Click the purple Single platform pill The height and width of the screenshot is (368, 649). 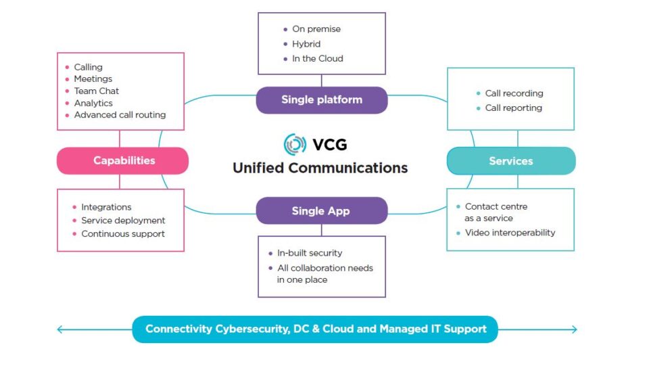(x=322, y=100)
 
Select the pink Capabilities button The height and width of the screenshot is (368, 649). (x=122, y=160)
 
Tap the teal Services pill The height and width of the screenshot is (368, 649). (x=511, y=160)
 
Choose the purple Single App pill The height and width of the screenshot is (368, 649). (x=322, y=210)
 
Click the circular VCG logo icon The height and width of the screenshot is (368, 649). (x=295, y=145)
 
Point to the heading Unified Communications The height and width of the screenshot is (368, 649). (x=320, y=168)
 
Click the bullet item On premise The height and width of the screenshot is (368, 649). (x=316, y=29)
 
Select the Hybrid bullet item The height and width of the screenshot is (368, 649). (x=306, y=44)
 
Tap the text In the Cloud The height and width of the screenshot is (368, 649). (x=318, y=58)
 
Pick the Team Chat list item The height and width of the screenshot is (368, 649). (x=97, y=91)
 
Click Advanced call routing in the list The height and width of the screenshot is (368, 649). (x=120, y=115)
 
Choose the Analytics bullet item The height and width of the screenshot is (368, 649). (x=93, y=103)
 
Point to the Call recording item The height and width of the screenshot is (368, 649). (x=514, y=93)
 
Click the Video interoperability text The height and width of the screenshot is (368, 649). (x=510, y=233)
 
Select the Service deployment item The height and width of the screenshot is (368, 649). (x=123, y=221)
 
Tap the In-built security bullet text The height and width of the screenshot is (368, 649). (x=310, y=253)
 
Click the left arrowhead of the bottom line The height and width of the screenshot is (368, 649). (x=60, y=329)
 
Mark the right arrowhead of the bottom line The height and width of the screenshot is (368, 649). (x=574, y=329)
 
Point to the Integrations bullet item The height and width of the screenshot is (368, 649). (x=106, y=207)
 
